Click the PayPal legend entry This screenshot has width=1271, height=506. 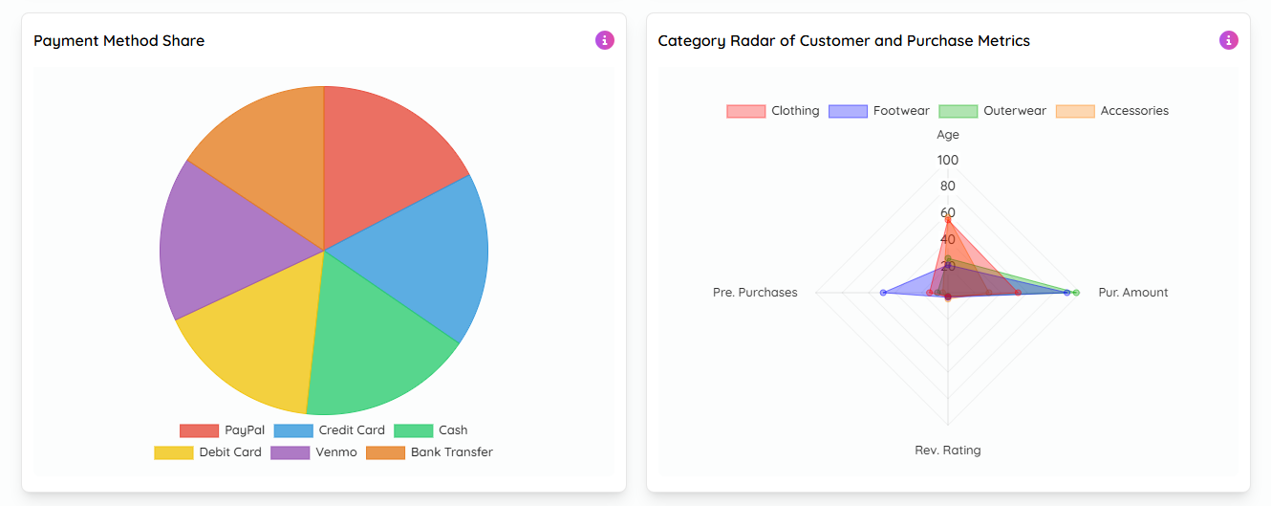[223, 430]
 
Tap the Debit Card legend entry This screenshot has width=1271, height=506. [208, 452]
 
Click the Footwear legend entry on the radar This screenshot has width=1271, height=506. [879, 111]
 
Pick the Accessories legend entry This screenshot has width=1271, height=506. [1112, 111]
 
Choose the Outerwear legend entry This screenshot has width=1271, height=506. [993, 111]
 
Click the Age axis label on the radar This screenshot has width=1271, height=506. [948, 135]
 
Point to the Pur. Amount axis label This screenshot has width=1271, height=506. [1133, 293]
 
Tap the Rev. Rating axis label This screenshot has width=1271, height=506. [948, 451]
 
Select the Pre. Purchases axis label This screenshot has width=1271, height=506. [755, 293]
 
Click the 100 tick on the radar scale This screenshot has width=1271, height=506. [948, 160]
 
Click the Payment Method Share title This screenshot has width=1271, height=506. [119, 41]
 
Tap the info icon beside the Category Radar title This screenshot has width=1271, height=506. [1229, 40]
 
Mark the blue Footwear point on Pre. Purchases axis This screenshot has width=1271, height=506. [883, 293]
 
